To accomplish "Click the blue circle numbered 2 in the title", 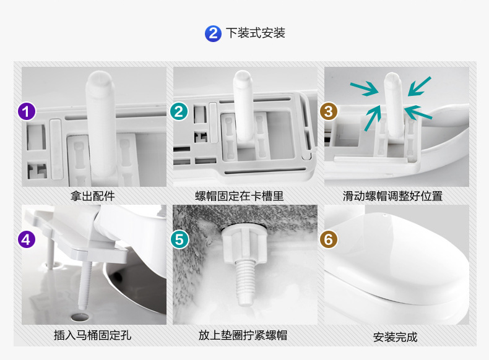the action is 213,33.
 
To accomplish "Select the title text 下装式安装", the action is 256,33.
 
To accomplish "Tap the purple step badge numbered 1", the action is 27,111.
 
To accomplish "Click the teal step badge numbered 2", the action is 179,111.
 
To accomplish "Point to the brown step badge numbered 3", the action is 329,111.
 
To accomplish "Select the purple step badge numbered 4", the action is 27,239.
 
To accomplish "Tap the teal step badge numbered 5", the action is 180,239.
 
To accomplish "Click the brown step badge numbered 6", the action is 329,239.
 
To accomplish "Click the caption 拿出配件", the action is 93,196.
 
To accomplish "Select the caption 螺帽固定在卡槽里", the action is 239,196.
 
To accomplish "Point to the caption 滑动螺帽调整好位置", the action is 392,196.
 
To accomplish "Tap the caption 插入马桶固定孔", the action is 93,335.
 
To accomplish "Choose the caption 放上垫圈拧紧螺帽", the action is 243,335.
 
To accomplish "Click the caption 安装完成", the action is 395,337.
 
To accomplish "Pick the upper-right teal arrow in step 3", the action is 420,86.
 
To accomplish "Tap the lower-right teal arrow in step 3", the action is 418,113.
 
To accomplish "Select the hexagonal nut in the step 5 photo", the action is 244,246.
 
